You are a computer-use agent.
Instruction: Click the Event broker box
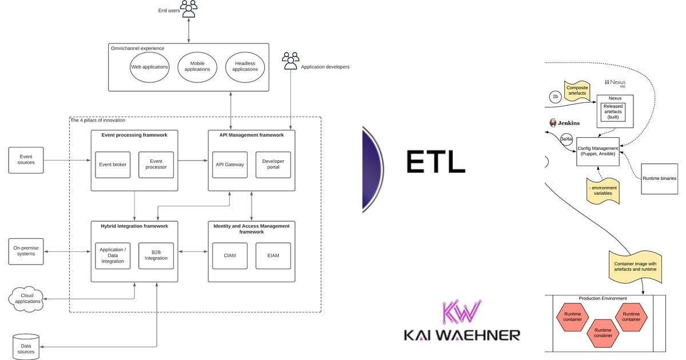[113, 165]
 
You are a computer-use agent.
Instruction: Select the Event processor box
[156, 165]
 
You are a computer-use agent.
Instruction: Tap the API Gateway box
[230, 165]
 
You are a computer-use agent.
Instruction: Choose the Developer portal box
[273, 165]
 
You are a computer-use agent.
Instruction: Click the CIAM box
[230, 256]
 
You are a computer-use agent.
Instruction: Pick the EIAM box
[273, 256]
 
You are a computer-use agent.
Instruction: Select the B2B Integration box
[156, 255]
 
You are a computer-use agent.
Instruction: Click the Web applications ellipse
[150, 67]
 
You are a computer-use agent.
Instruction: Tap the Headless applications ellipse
[245, 67]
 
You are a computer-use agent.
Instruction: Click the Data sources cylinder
[26, 347]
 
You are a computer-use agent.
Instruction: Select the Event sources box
[26, 160]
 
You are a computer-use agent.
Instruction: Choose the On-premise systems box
[26, 251]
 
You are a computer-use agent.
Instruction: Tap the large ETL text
[436, 162]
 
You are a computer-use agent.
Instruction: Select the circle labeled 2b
[555, 97]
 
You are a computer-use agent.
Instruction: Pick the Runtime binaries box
[659, 178]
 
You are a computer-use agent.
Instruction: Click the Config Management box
[597, 151]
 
